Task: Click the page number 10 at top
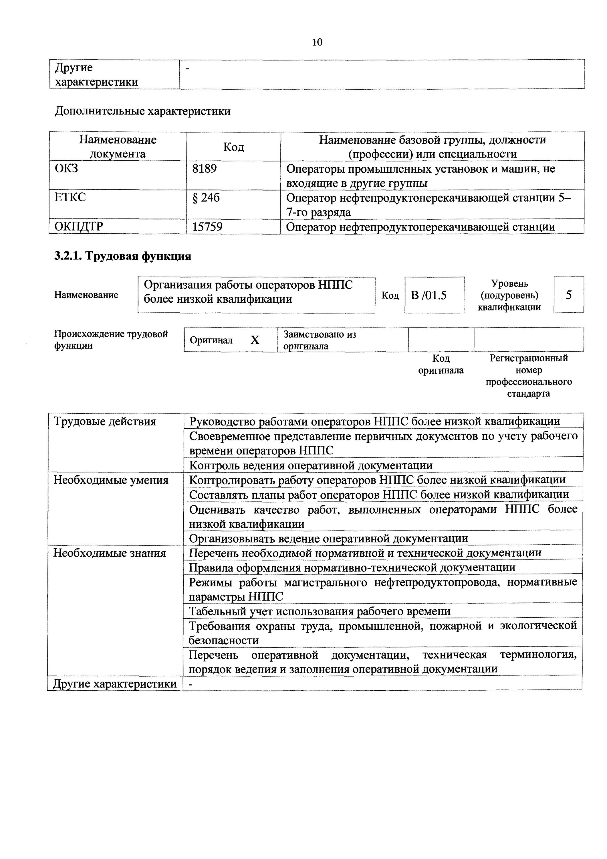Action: tap(317, 42)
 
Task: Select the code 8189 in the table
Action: tap(205, 169)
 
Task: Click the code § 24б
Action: tap(206, 198)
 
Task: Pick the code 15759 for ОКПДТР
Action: tap(207, 227)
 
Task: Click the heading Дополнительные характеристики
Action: tap(143, 111)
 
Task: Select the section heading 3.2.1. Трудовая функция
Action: tap(123, 256)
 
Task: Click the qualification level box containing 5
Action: tap(568, 295)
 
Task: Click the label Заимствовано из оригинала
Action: tap(320, 340)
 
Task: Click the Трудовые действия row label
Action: tap(105, 422)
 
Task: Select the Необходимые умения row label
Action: tap(111, 480)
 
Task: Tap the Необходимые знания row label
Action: tap(110, 553)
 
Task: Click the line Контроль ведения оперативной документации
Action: tap(311, 465)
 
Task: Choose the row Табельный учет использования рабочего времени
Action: tap(320, 611)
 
